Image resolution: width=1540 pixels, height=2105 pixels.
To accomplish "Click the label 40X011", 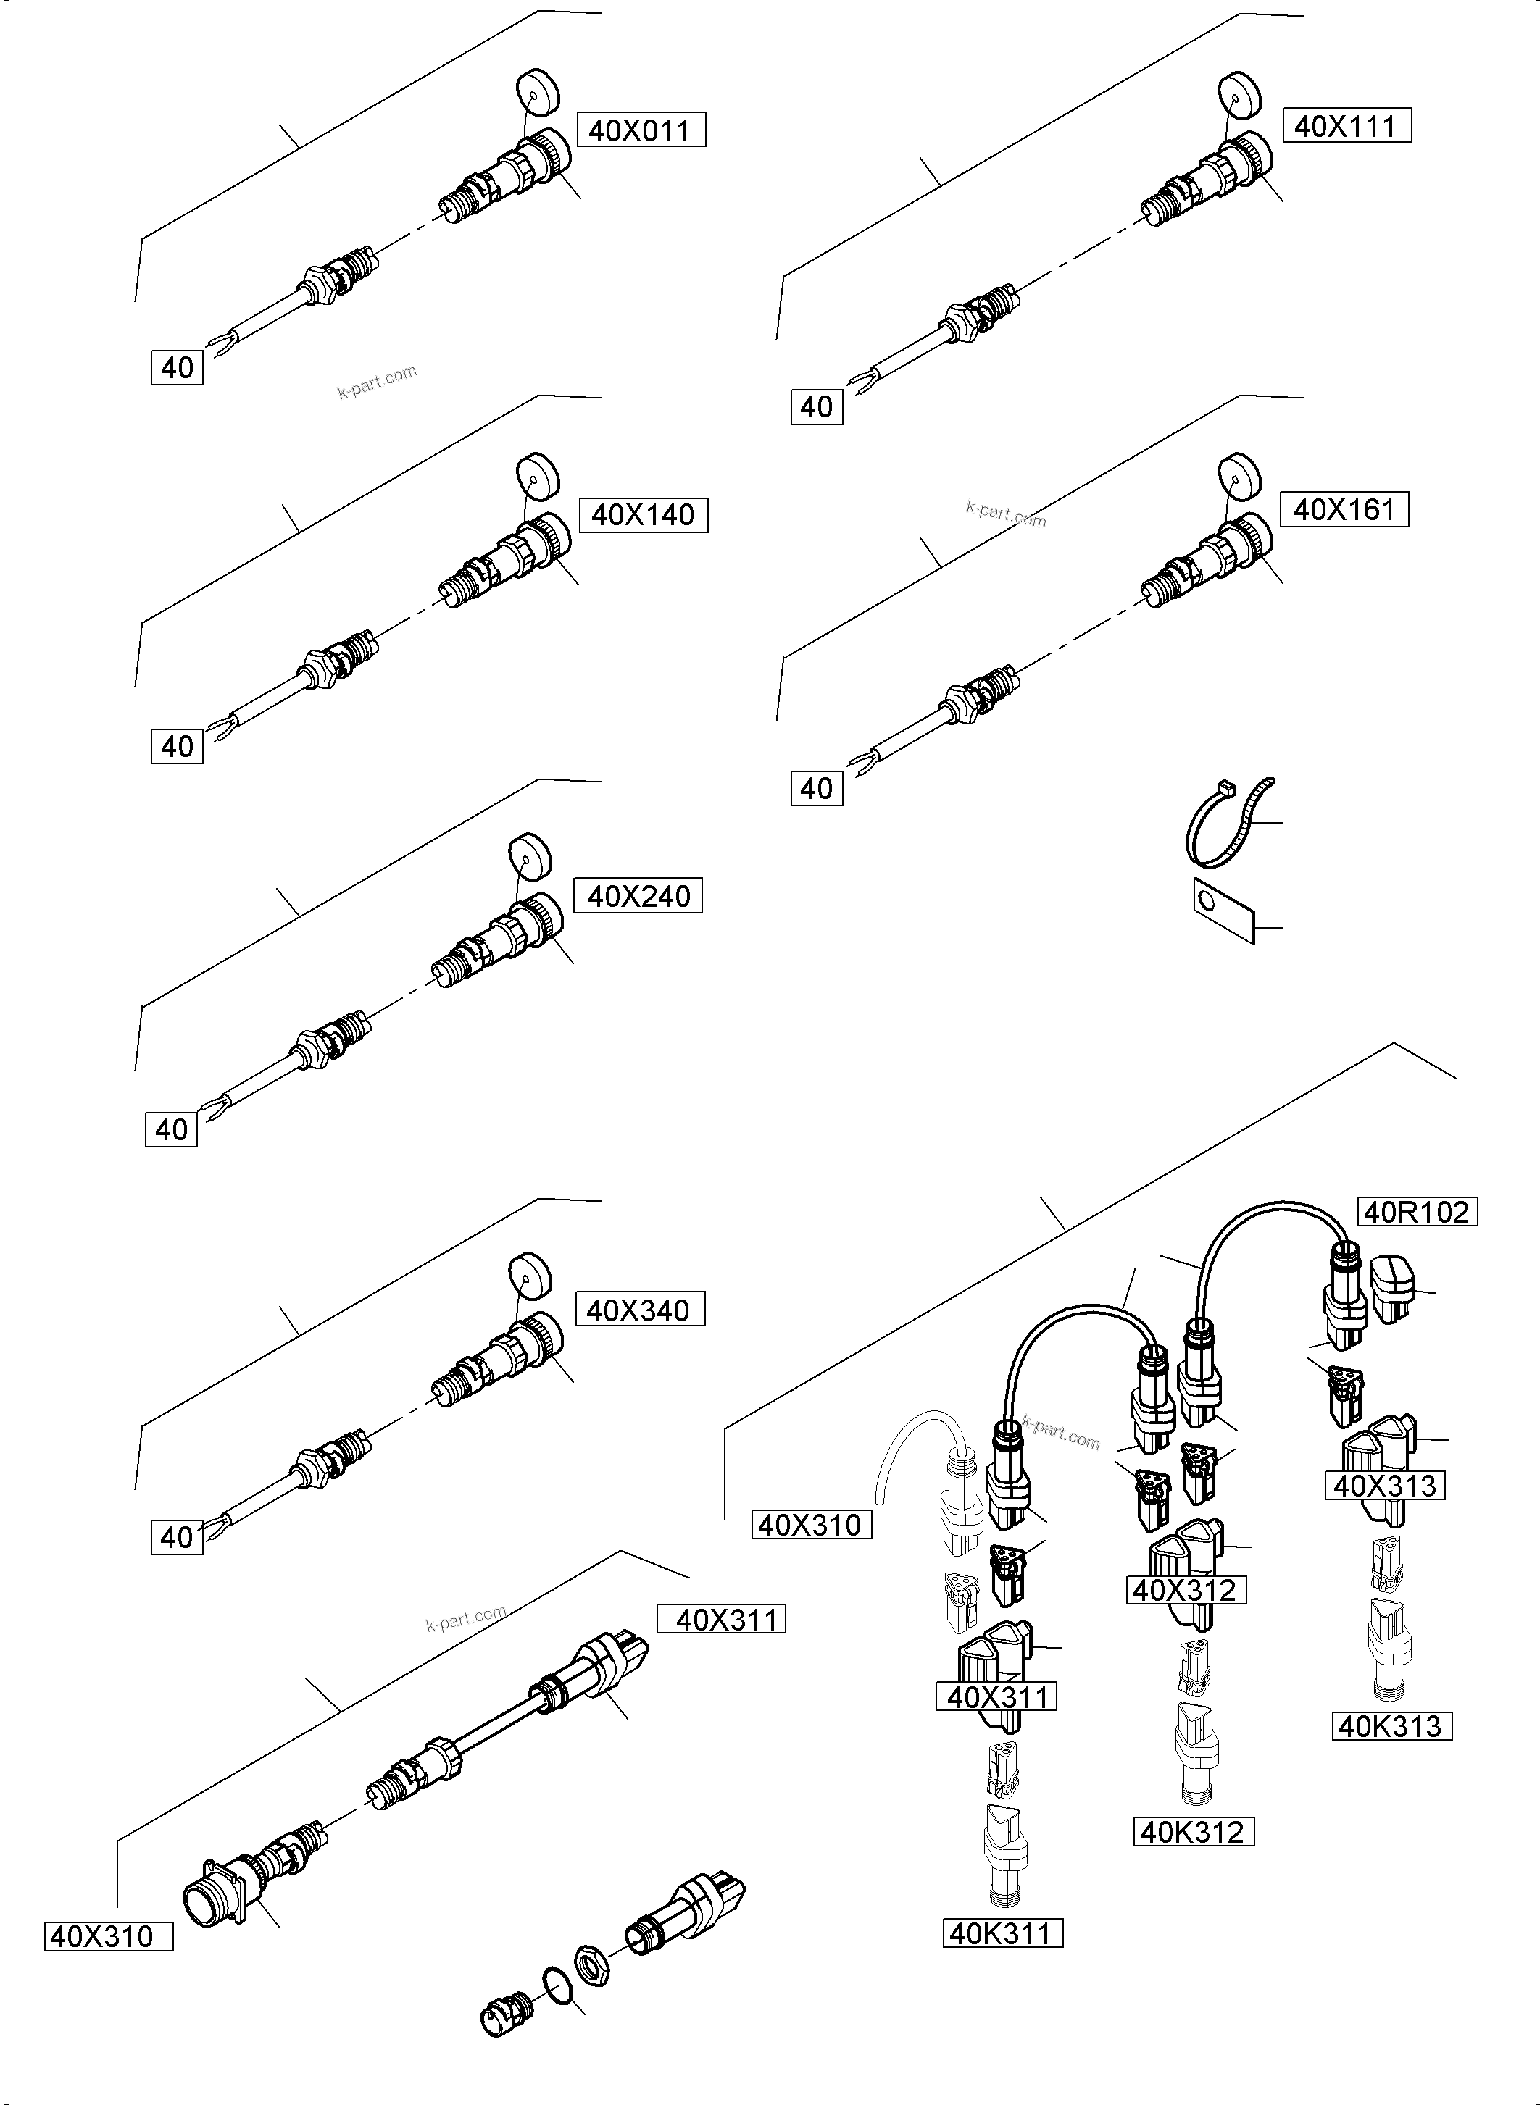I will click(641, 130).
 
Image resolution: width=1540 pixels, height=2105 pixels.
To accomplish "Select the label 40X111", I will click(1346, 126).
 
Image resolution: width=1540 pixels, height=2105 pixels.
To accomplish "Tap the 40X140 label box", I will click(644, 514).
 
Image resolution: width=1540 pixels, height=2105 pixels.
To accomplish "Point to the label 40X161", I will click(1344, 510).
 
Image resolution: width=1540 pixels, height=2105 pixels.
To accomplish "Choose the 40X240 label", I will click(638, 897).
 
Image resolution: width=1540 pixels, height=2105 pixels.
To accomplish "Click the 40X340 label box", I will click(638, 1311).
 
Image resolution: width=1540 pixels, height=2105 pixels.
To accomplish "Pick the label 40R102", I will click(1416, 1213).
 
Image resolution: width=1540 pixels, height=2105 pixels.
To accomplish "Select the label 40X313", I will click(1384, 1486).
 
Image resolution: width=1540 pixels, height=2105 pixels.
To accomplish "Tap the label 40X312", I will click(1185, 1591).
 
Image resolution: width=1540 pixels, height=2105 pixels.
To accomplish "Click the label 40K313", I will click(1391, 1727).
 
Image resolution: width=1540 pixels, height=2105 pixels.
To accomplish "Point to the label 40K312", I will click(1192, 1833).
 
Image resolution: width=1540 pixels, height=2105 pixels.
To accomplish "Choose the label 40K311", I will click(1002, 1933).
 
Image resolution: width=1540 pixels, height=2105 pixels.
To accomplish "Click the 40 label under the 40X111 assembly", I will click(817, 407).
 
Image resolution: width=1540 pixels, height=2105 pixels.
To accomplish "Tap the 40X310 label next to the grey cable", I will click(811, 1526).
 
